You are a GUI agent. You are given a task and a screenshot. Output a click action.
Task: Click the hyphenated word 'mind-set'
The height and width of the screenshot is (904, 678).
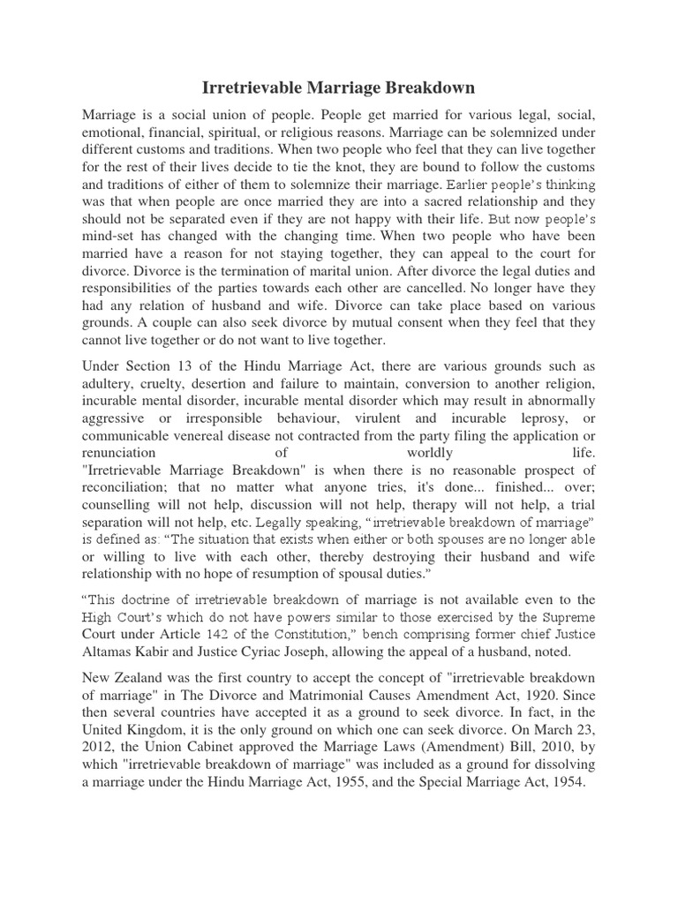[110, 238]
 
